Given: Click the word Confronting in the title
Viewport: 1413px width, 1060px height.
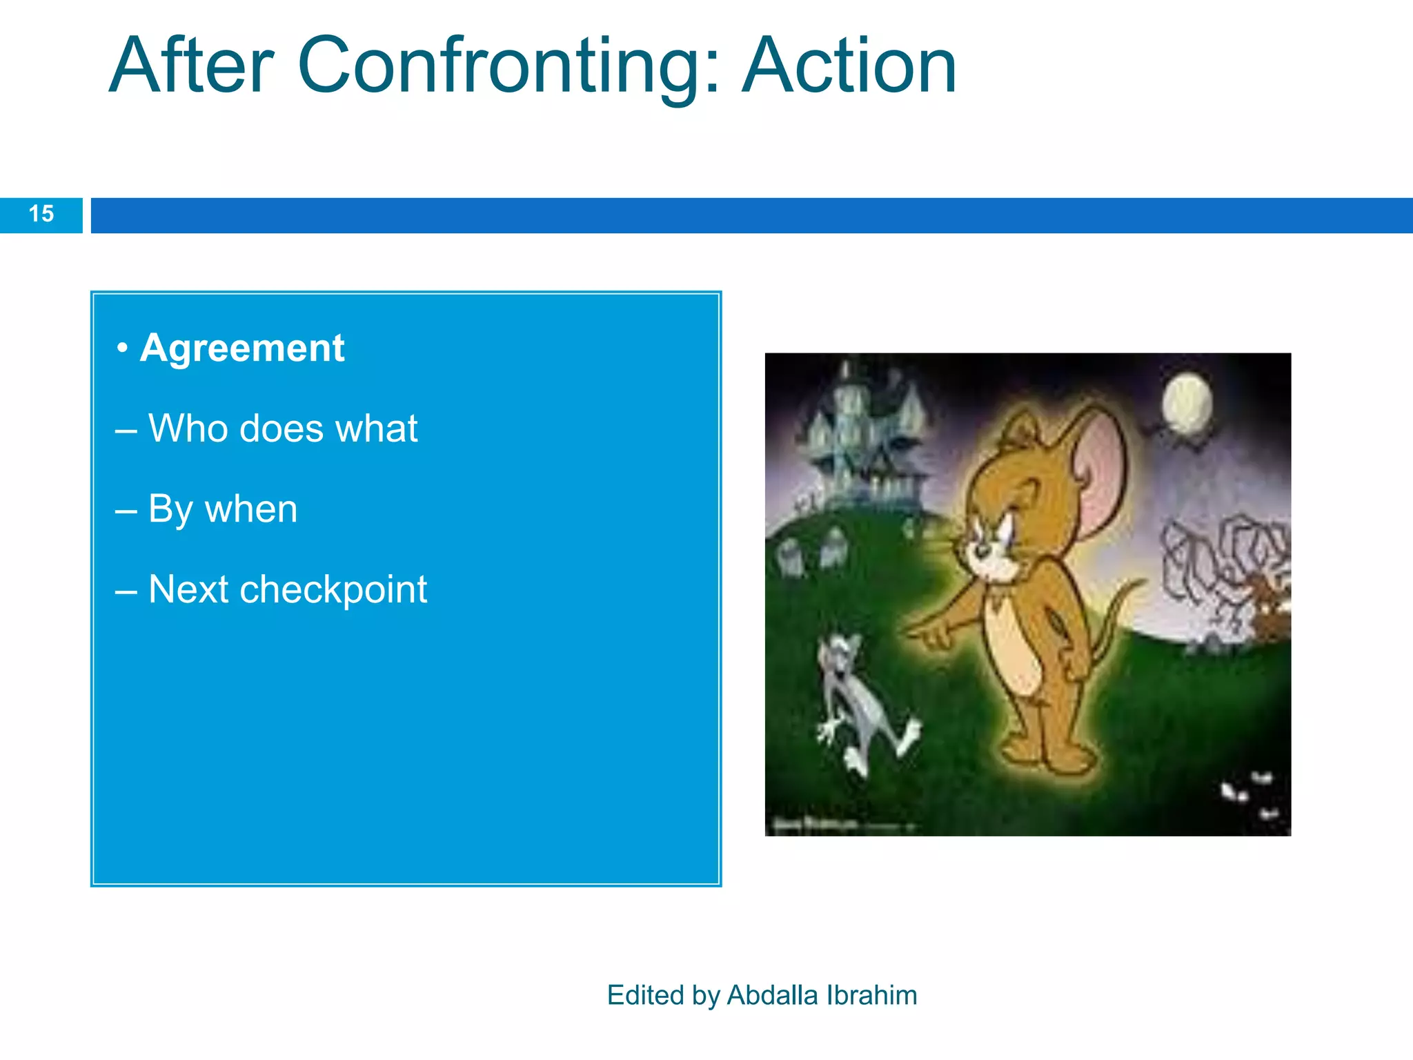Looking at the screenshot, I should coord(508,67).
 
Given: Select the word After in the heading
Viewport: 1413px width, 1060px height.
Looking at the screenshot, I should coord(192,67).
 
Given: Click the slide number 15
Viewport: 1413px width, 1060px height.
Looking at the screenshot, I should coord(41,214).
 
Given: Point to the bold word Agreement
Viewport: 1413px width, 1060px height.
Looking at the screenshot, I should coord(242,348).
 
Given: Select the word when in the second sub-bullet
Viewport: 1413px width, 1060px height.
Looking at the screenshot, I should coord(251,509).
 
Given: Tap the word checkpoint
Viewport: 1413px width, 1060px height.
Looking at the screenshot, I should coord(333,590).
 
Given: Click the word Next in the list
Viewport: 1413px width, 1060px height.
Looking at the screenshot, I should coord(188,590).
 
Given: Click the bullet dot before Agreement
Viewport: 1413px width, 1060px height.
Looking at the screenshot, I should coord(122,348).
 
